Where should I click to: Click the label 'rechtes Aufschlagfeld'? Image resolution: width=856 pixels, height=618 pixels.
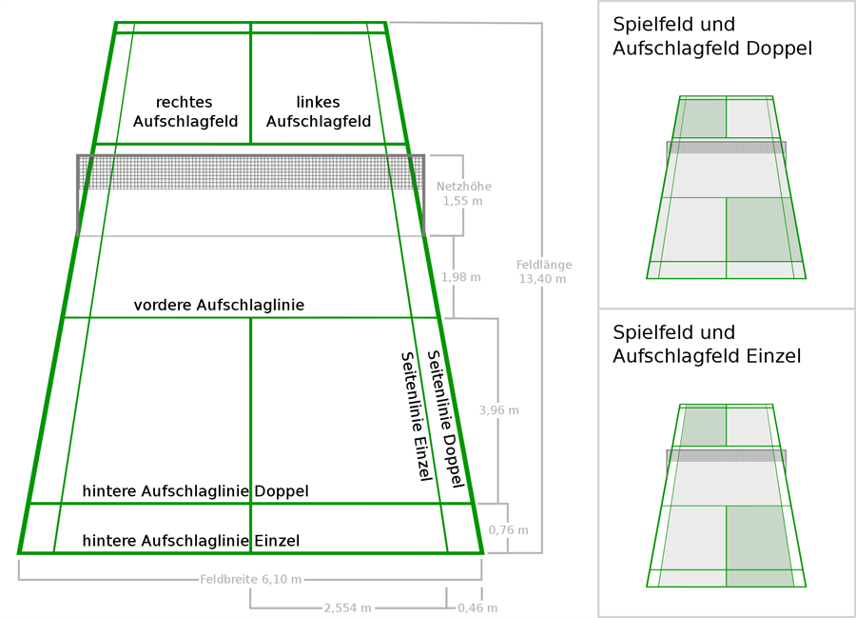(185, 111)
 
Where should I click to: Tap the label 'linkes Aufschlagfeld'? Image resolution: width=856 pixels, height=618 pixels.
(319, 111)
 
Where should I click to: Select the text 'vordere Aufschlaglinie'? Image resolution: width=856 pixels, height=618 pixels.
(219, 305)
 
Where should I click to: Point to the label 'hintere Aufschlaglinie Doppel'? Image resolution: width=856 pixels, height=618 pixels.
(195, 491)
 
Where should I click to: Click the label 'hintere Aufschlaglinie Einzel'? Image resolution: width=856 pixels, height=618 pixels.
(191, 541)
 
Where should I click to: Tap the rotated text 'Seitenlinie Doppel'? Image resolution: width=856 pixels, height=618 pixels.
(445, 419)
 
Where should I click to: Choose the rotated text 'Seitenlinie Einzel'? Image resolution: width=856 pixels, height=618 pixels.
(418, 416)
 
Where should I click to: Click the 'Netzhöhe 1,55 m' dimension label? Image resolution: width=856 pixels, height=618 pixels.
(463, 193)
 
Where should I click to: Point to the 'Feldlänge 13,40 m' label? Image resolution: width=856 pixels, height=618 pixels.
(544, 271)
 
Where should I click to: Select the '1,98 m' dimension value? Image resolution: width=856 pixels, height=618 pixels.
(461, 277)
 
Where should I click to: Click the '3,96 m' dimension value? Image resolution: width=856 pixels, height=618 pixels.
(499, 409)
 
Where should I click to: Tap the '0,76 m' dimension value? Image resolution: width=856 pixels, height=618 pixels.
(508, 529)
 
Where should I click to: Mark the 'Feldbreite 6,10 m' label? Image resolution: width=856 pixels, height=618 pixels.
(250, 579)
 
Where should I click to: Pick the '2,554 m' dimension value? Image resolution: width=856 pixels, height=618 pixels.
(348, 608)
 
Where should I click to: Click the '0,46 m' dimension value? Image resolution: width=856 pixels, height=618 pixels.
(477, 608)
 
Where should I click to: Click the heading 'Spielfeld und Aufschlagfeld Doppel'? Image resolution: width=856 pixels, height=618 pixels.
(712, 36)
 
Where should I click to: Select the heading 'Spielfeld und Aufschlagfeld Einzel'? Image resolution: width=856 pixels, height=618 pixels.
(707, 345)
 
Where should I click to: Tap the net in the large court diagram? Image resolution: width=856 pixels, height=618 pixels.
(250, 172)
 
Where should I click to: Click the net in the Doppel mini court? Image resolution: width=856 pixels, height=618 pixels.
(726, 147)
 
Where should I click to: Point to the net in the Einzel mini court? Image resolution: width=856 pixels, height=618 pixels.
(726, 455)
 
